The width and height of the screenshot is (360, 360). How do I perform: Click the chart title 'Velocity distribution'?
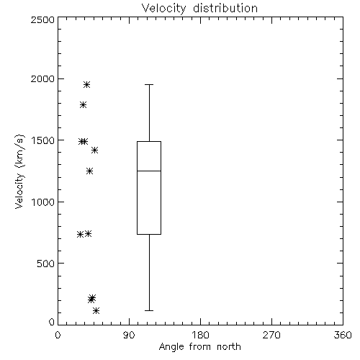[x=199, y=9]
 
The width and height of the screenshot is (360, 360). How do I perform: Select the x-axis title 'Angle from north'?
[x=200, y=347]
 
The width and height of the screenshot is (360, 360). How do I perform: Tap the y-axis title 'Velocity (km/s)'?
[x=19, y=171]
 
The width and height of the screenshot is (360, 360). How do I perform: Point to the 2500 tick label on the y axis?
[x=42, y=19]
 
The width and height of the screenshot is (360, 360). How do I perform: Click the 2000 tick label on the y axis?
[x=42, y=78]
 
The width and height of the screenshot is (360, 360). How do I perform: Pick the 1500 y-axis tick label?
[x=43, y=140]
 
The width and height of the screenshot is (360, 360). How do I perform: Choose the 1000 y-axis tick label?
[x=43, y=202]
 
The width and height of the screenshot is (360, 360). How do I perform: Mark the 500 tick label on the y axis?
[x=46, y=264]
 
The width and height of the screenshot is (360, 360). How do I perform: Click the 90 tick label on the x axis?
[x=129, y=335]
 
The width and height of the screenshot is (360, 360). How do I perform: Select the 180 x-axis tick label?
[x=200, y=335]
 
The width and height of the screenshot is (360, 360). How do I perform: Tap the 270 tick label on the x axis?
[x=271, y=335]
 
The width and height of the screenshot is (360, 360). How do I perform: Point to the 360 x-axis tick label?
[x=343, y=335]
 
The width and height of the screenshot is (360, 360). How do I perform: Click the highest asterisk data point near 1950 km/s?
[x=86, y=84]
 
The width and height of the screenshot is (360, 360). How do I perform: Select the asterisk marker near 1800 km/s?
[x=83, y=104]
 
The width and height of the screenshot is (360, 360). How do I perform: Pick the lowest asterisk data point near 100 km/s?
[x=96, y=310]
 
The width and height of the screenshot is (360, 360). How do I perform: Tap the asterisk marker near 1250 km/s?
[x=89, y=171]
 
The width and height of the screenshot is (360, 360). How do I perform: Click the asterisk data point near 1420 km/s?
[x=94, y=150]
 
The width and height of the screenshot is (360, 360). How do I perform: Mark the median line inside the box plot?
[x=149, y=171]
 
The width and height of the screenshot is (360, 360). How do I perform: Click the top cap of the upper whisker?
[x=149, y=84]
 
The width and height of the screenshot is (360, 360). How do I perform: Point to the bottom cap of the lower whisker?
[x=149, y=310]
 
